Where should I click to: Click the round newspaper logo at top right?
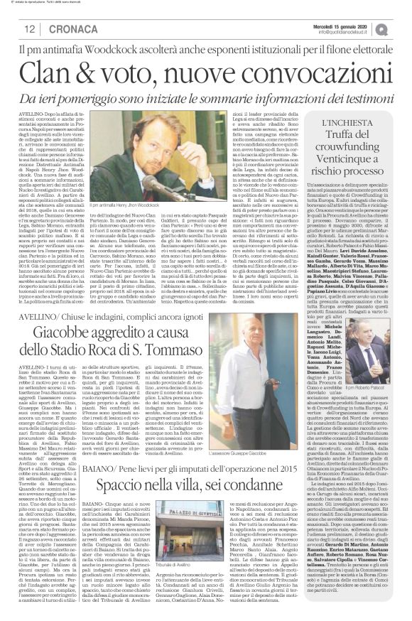(399, 26)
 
